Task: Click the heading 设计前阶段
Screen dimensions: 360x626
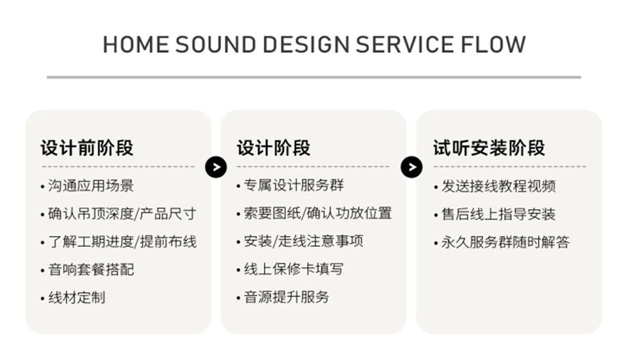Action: [x=86, y=148]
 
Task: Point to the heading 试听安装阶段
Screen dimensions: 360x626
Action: [x=489, y=148]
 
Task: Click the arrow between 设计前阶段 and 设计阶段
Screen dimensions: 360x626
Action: [x=216, y=166]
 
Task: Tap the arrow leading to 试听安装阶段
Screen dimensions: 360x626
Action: [x=411, y=166]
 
